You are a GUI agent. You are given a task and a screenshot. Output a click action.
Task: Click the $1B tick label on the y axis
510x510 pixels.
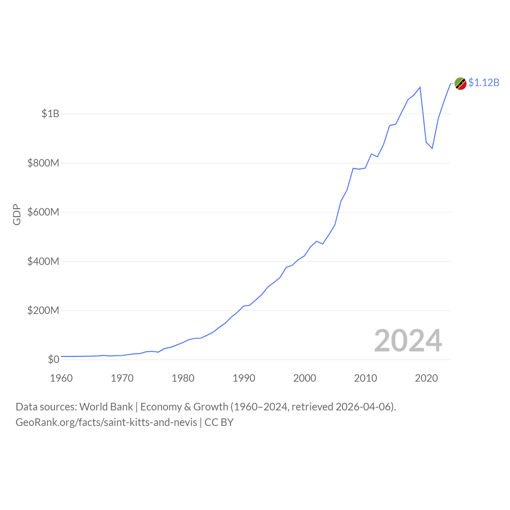(x=50, y=114)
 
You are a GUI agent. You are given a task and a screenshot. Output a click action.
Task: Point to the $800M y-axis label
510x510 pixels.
(x=43, y=163)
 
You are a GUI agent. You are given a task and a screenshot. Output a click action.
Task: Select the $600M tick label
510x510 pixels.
(x=43, y=212)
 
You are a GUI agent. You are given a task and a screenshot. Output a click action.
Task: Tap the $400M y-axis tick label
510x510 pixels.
(x=43, y=261)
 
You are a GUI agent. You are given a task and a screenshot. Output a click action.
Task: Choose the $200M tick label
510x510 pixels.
(x=43, y=310)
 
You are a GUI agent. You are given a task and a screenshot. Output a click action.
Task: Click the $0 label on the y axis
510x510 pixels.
(x=53, y=359)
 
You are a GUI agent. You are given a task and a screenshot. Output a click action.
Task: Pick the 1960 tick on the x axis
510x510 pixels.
(x=61, y=378)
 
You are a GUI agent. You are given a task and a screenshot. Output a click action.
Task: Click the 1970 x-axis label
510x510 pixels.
(x=122, y=378)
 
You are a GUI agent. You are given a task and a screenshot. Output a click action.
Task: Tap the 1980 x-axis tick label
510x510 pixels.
(x=183, y=378)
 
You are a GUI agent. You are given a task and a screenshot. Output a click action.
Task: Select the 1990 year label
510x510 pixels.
(x=244, y=378)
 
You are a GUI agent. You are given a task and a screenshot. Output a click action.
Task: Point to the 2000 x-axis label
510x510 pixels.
(x=305, y=378)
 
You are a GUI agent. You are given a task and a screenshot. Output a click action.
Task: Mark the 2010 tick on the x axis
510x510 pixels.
(x=365, y=378)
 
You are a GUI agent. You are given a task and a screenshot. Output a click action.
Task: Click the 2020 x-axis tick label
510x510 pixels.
(x=426, y=378)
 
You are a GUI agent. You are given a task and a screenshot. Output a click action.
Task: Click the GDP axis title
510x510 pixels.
(x=17, y=214)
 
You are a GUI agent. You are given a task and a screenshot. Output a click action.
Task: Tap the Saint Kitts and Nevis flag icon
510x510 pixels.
(x=461, y=84)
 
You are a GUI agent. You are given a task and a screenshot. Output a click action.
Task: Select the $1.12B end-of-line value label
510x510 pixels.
(x=484, y=82)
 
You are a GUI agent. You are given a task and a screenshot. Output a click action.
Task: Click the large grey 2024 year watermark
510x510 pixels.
(x=408, y=341)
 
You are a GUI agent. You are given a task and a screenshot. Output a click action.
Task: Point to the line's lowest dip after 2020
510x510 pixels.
(x=432, y=149)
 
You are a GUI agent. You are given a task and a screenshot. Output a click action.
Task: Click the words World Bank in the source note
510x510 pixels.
(x=106, y=407)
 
